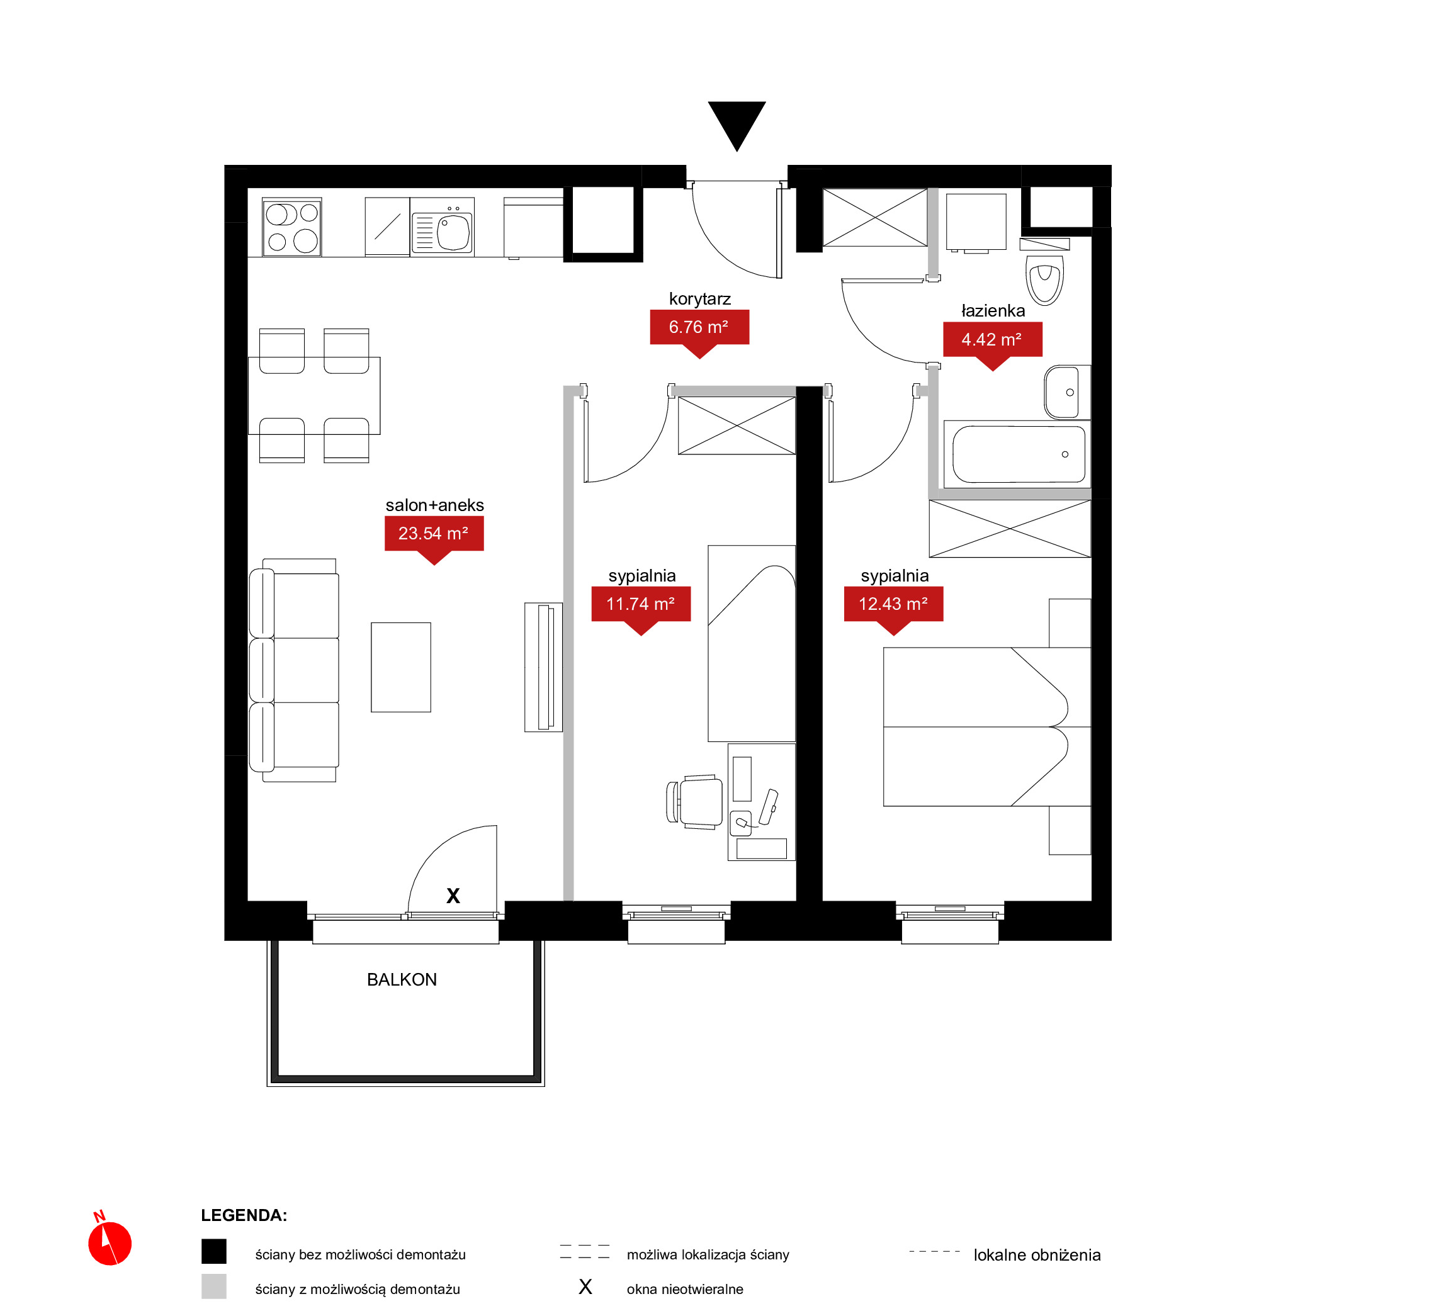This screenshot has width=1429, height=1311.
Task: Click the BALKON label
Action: (402, 980)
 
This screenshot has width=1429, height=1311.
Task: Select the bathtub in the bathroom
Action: (1018, 454)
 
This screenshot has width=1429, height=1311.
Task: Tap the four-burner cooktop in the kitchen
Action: (291, 227)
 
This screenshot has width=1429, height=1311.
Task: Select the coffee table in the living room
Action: (401, 668)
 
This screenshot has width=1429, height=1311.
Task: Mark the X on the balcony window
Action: (453, 896)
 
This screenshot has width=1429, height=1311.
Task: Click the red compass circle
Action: (110, 1244)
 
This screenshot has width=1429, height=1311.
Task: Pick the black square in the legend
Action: (213, 1251)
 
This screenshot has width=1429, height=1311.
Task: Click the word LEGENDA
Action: (244, 1215)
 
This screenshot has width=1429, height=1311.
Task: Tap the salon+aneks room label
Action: (434, 505)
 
